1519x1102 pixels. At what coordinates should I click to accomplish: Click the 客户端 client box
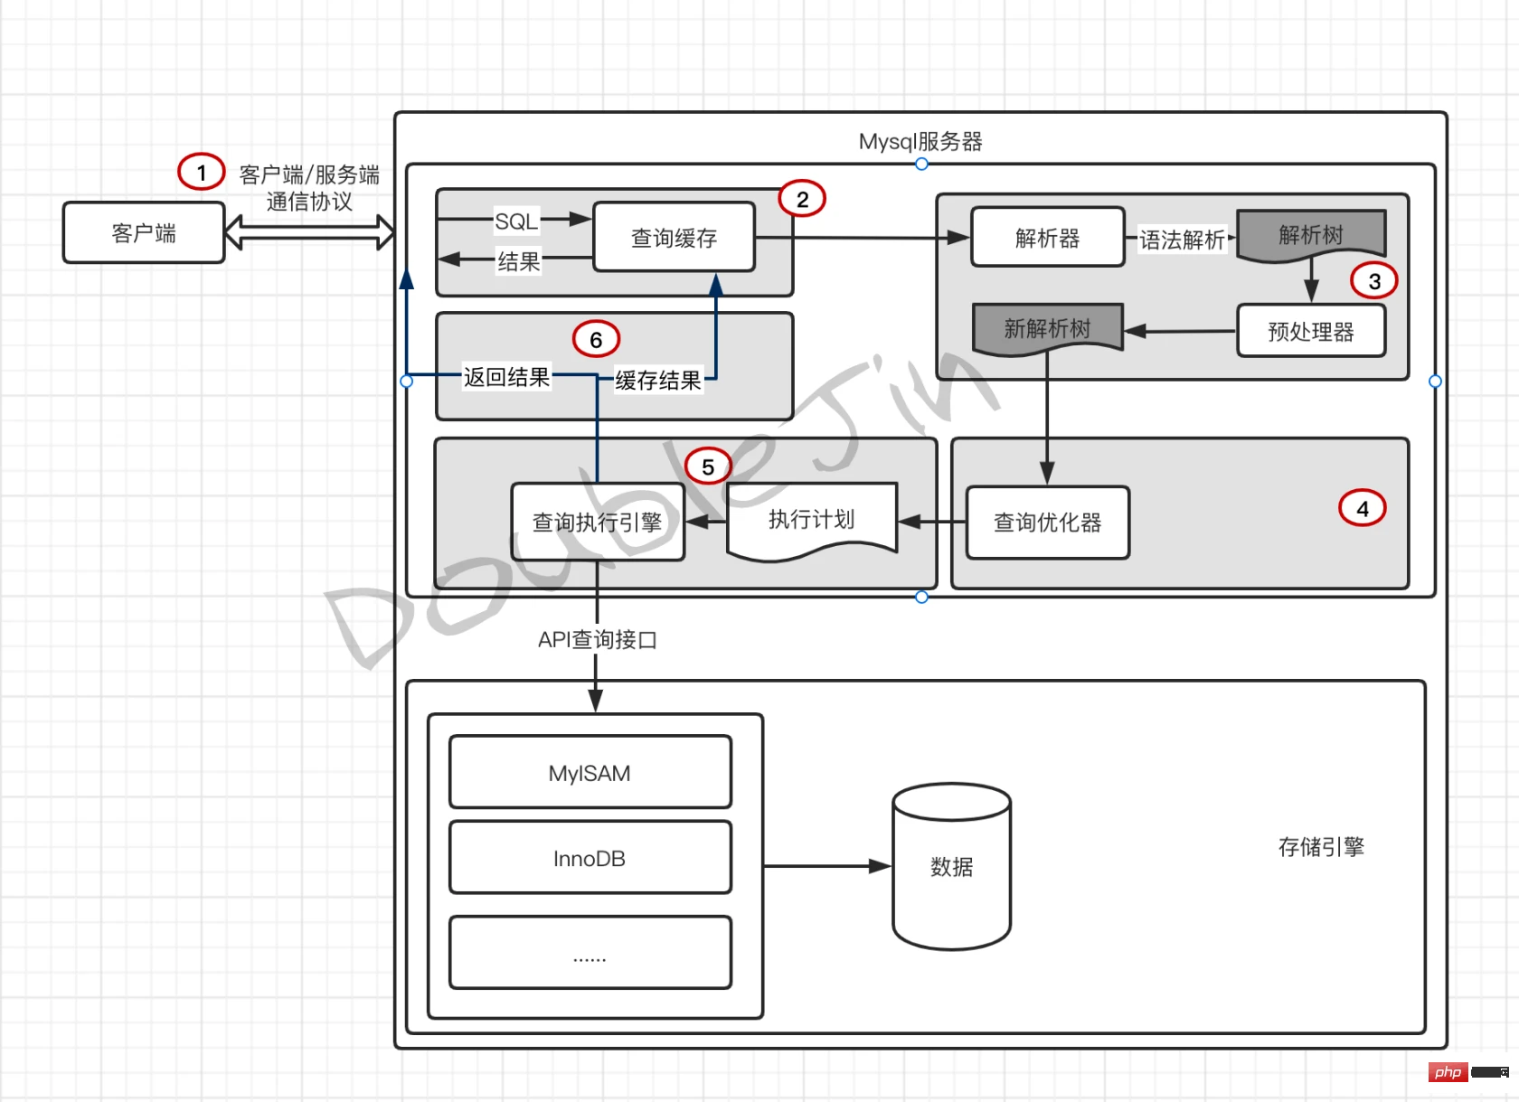point(144,233)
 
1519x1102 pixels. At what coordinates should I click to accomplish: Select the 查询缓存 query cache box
point(674,238)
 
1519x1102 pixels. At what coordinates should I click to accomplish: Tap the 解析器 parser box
point(1047,238)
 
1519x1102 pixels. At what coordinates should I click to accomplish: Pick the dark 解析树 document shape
point(1310,235)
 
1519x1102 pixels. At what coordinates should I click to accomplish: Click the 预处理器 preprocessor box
point(1310,332)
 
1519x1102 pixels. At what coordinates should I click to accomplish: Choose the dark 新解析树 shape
point(1047,328)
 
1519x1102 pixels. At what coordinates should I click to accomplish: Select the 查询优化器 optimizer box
point(1047,523)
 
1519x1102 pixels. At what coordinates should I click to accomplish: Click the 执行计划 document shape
point(811,520)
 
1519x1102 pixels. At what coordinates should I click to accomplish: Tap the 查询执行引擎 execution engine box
point(597,523)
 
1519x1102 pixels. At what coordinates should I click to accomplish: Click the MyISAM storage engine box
point(590,773)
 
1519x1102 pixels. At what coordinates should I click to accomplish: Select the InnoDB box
point(590,858)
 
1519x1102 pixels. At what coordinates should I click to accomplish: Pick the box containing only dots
point(590,953)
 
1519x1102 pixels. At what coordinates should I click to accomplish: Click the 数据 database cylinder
point(951,867)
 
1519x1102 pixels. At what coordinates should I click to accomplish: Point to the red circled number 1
point(201,172)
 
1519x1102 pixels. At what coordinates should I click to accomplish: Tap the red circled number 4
point(1362,509)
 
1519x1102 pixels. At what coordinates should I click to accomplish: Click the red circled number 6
point(596,340)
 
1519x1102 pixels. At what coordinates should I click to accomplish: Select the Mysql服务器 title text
point(920,142)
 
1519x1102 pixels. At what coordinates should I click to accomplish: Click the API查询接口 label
point(597,640)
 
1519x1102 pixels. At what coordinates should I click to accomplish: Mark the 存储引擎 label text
point(1320,847)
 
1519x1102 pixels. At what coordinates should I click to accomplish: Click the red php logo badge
point(1448,1072)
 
